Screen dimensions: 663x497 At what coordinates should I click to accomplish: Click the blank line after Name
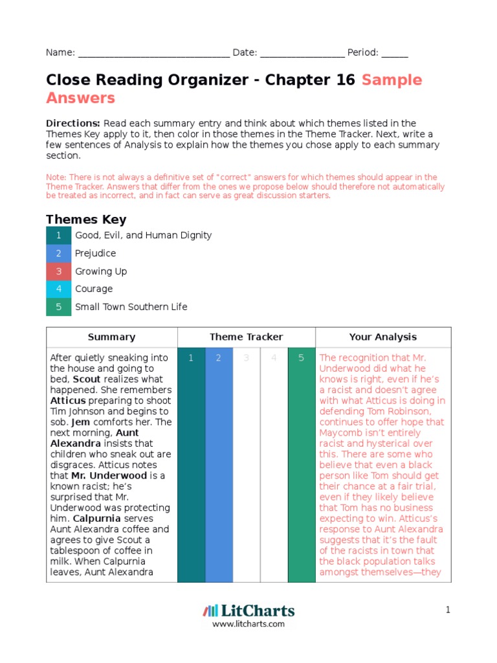pos(153,54)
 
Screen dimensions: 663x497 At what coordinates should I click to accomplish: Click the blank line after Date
pos(302,54)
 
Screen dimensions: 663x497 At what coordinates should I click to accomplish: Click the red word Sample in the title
pos(392,80)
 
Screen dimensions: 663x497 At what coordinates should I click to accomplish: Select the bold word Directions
pos(72,123)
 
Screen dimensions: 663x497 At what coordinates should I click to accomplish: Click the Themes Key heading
pos(86,219)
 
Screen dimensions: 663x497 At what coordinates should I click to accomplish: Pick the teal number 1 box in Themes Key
pos(58,236)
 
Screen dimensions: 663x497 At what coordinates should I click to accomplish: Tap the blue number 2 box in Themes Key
pos(58,253)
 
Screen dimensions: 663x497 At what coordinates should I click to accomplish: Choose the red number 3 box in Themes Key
pos(58,271)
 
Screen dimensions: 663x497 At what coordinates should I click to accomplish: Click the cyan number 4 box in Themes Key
pos(58,289)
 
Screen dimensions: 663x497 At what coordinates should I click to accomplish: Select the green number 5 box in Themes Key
pos(58,307)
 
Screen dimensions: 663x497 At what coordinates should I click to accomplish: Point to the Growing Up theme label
pos(101,271)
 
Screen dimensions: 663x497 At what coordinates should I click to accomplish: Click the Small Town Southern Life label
pos(131,307)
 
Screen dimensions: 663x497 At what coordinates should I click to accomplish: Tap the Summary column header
pos(111,337)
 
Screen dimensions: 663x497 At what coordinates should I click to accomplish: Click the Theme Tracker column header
pos(246,337)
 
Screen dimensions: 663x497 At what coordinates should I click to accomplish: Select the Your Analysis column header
pos(383,337)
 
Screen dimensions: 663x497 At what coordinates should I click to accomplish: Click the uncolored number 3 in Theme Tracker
pos(246,358)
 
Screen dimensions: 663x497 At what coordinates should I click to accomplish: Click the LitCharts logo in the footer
pos(248,611)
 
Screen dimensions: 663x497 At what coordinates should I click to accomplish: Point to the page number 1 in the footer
pos(447,610)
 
